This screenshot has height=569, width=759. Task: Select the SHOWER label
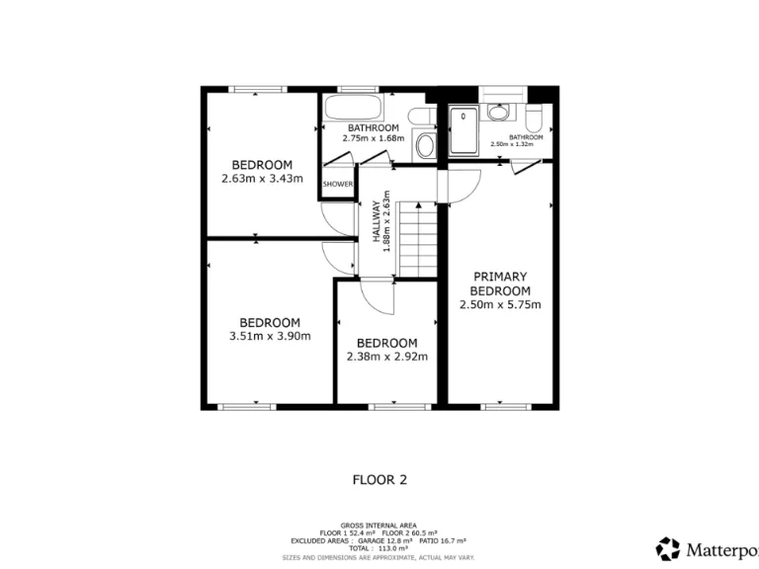coord(338,185)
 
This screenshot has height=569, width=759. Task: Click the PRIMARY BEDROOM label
coord(500,284)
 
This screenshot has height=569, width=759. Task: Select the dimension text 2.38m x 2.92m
coord(387,357)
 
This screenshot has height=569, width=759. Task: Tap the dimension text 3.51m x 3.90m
coord(270,336)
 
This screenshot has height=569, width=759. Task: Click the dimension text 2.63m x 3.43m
coord(262,179)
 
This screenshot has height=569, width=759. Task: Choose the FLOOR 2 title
coord(379,480)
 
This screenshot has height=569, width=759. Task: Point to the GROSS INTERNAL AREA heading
coord(379,525)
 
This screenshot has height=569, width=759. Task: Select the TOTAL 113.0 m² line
coord(379,548)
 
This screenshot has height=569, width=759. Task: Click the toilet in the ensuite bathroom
coord(535,120)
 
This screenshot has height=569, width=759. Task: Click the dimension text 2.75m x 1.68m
coord(373,138)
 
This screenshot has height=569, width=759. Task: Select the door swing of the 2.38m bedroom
coord(377,292)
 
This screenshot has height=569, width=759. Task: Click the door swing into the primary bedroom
coord(464,185)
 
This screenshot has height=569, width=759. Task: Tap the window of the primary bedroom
coord(498,405)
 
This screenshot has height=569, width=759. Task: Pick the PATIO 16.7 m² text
coord(444,540)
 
